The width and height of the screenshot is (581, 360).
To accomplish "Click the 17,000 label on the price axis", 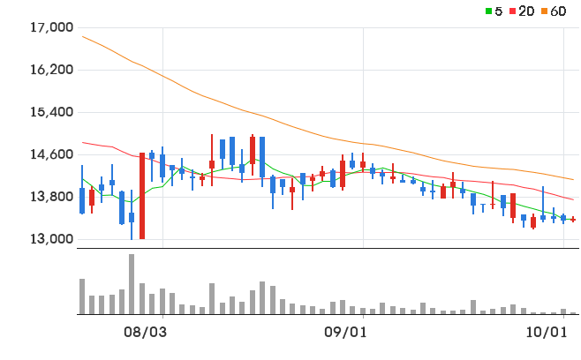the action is pos(51,27).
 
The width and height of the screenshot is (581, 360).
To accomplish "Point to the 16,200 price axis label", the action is pos(51,70).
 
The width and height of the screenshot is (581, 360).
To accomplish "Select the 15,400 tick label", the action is pos(51,112).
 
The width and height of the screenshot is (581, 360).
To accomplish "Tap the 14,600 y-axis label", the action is pos(51,154).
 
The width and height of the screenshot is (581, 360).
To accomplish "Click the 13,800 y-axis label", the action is pos(51,197).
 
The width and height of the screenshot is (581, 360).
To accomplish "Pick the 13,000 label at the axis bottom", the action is pos(51,239).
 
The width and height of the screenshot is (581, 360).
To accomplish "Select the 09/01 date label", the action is pos(345,333).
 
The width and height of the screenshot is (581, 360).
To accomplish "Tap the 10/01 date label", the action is pos(547,333).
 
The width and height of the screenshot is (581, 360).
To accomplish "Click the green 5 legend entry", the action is pos(494,11).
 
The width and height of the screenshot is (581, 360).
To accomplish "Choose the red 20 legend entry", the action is pos(522,11).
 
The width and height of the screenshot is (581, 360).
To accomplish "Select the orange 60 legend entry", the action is pos(554,11).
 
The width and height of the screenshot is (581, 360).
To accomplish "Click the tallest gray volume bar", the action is pos(132,284).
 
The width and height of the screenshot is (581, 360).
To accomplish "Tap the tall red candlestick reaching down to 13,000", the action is pos(142,196).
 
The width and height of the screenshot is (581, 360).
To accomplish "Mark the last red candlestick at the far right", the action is pos(573,220).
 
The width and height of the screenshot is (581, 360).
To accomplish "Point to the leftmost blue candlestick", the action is pos(82,190).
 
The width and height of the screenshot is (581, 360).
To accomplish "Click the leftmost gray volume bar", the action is pos(82,296).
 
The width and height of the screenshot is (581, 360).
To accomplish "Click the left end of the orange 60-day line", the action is pos(83,36).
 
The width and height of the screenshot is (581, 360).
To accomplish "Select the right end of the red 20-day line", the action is pos(573,199).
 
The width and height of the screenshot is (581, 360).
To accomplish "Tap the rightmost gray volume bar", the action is pos(573,313).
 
